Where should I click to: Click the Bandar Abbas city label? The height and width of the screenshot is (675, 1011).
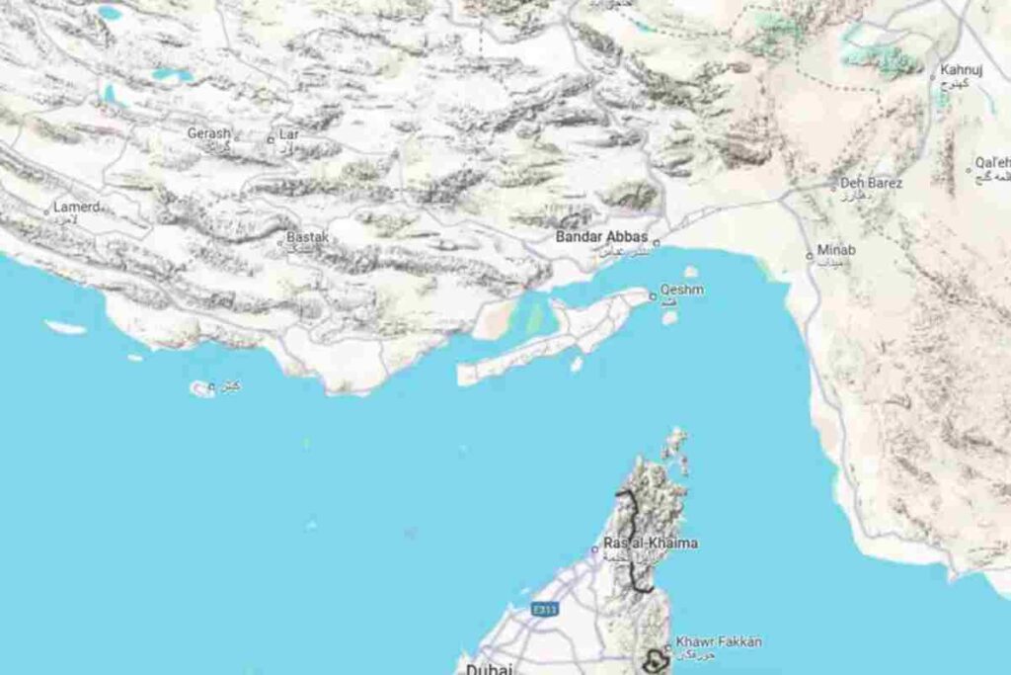[601, 237]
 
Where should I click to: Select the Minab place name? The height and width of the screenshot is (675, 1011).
[836, 250]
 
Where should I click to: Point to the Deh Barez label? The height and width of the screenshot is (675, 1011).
[872, 183]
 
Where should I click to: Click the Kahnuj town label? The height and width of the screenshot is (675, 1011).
[958, 69]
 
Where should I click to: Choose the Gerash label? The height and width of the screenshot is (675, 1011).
[209, 132]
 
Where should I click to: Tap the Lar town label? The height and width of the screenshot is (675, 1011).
[288, 132]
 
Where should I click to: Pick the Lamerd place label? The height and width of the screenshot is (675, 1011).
[77, 207]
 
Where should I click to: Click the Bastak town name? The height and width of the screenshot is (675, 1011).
[307, 237]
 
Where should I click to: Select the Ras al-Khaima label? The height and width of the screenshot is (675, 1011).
[651, 544]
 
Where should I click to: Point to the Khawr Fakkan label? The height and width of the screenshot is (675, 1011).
[718, 642]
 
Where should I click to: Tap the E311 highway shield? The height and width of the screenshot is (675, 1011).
[544, 610]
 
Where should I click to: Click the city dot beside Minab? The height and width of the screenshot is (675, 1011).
[810, 256]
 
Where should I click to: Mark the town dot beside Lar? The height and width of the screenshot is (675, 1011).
[271, 139]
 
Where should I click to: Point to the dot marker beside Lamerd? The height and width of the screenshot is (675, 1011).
[46, 211]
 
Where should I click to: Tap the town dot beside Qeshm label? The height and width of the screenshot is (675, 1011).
[652, 295]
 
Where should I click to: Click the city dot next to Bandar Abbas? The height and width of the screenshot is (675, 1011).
[656, 240]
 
